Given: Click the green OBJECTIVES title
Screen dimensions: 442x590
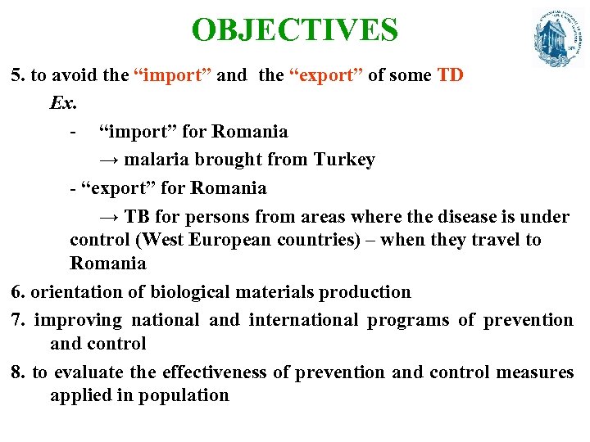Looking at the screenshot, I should click(x=294, y=30).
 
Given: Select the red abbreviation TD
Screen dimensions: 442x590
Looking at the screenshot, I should click(x=450, y=76).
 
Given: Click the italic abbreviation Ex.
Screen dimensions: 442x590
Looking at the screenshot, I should click(x=61, y=104).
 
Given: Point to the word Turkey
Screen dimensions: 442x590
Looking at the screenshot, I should click(x=344, y=160).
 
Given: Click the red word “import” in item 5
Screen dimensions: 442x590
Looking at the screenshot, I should click(x=172, y=76).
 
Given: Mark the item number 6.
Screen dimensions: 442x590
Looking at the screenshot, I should click(x=18, y=292).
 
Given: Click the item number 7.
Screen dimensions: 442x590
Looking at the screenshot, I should click(x=18, y=320).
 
